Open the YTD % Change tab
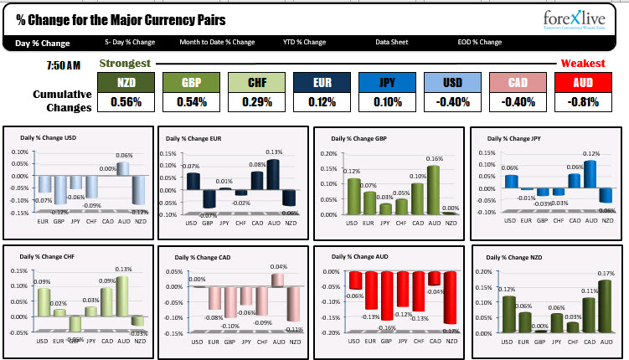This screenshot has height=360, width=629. tap(304, 43)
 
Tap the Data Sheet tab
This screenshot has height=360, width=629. tap(392, 43)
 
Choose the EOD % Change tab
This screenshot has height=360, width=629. tap(479, 43)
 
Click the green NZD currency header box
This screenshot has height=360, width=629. tap(126, 82)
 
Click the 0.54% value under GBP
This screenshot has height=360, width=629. tap(191, 102)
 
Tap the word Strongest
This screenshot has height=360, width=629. tap(125, 64)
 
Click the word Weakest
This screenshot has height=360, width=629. tap(583, 64)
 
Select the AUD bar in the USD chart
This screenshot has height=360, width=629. tap(124, 168)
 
